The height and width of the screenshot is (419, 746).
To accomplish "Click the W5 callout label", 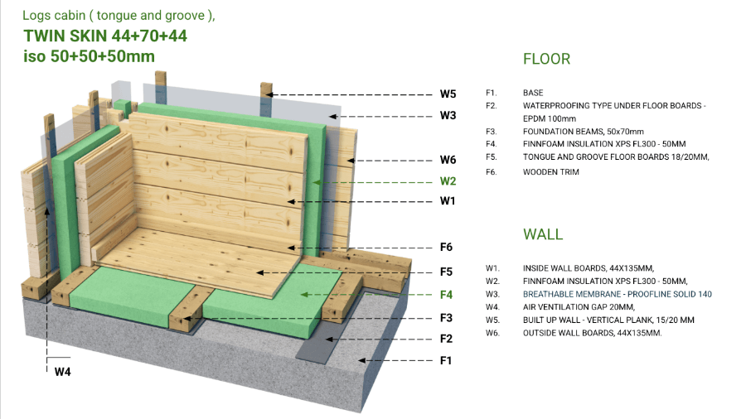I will pyautogui.click(x=448, y=94).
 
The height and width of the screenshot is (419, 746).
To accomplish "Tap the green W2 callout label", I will pyautogui.click(x=448, y=181).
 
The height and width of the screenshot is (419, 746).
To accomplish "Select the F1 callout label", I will pyautogui.click(x=447, y=360).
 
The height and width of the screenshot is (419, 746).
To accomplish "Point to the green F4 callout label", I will pyautogui.click(x=447, y=294).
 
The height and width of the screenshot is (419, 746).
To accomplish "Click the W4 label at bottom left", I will pyautogui.click(x=62, y=372).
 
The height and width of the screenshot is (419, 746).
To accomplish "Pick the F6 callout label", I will pyautogui.click(x=447, y=247).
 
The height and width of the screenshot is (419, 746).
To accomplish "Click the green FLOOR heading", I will pyautogui.click(x=546, y=60).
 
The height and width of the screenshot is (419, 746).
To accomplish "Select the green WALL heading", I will pyautogui.click(x=543, y=234).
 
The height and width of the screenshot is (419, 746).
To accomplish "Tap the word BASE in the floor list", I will pyautogui.click(x=533, y=93).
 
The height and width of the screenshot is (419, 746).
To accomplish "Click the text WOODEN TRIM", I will pyautogui.click(x=550, y=172).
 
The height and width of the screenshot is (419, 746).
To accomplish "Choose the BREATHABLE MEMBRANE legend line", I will pyautogui.click(x=617, y=294).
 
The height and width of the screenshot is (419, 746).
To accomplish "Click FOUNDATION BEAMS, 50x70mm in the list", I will pyautogui.click(x=583, y=131).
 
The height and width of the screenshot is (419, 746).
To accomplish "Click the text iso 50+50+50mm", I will pyautogui.click(x=89, y=56).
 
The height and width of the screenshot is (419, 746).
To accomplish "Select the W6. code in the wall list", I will pyautogui.click(x=492, y=333).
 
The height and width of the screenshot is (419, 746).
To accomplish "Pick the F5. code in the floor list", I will pyautogui.click(x=492, y=157).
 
